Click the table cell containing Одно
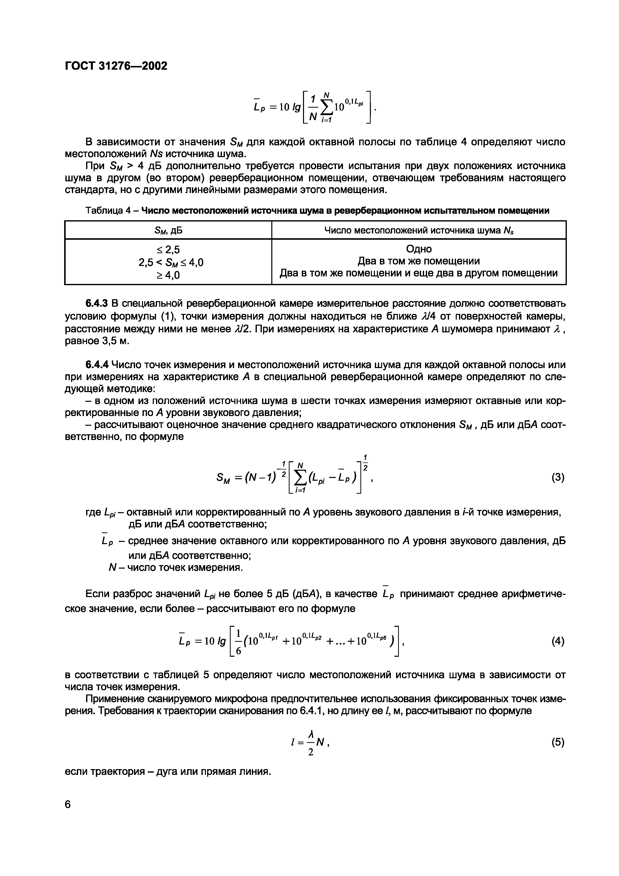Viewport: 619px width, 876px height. click(418, 249)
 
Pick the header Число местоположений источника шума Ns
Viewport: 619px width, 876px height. click(418, 230)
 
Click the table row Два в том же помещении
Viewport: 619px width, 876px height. click(418, 261)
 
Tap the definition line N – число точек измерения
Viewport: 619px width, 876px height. click(175, 568)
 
